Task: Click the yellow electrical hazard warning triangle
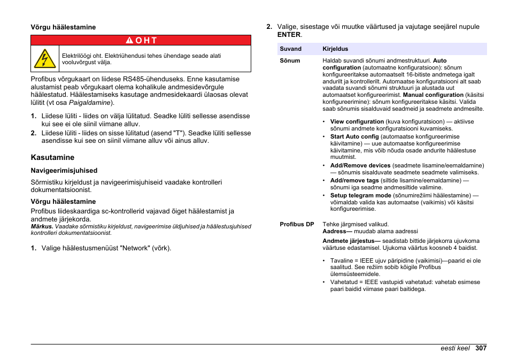click(45, 58)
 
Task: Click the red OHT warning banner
click(141, 40)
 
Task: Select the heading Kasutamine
click(52, 157)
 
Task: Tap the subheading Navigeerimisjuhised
click(64, 171)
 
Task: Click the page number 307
click(481, 348)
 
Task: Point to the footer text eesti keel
click(455, 348)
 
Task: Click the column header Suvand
click(291, 49)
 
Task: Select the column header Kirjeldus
click(335, 49)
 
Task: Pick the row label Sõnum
click(290, 60)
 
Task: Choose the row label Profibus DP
click(297, 224)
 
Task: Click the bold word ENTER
click(289, 35)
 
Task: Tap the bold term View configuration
click(357, 121)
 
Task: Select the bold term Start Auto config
click(354, 136)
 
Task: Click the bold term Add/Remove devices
click(360, 166)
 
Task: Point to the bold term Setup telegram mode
click(361, 196)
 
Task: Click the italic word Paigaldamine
click(90, 103)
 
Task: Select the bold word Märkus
click(42, 226)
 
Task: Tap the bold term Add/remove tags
click(354, 181)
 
